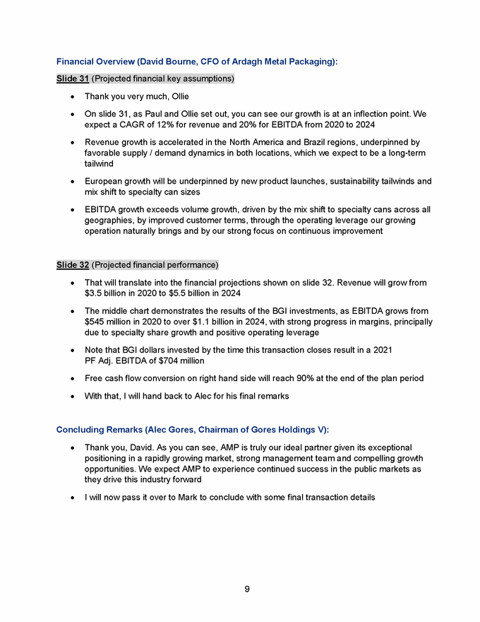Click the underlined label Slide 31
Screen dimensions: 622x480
(x=73, y=78)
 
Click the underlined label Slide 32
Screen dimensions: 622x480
(x=73, y=265)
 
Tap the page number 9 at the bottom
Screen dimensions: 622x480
(x=247, y=589)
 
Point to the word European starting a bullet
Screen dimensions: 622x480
(x=104, y=182)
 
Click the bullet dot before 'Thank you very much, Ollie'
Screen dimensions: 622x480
(x=74, y=96)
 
